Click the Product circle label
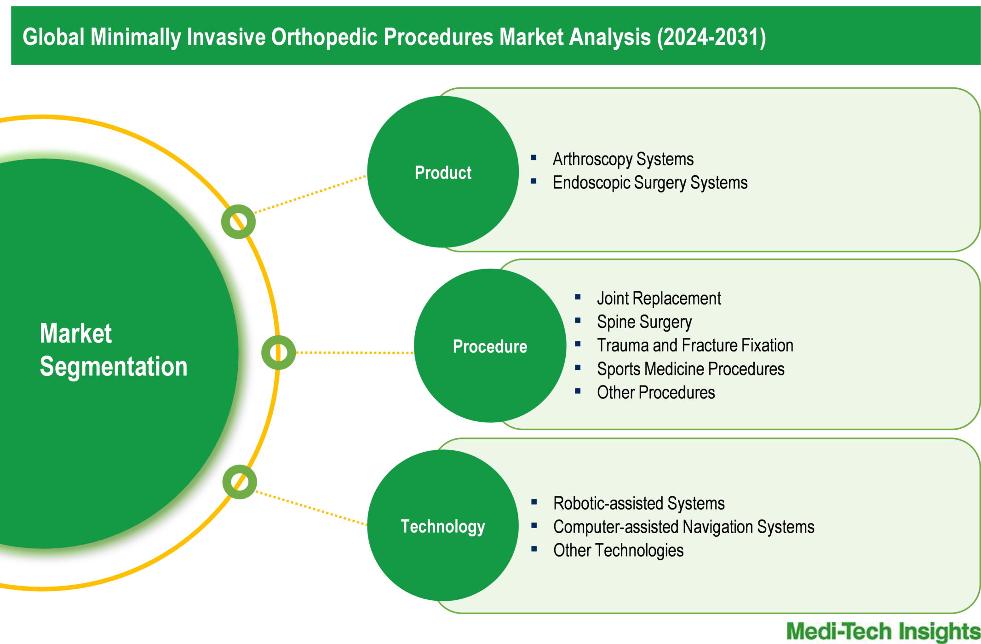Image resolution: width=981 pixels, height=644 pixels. tap(443, 172)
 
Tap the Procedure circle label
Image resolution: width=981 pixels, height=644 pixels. tap(490, 346)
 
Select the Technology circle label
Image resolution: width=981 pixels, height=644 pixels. tap(443, 526)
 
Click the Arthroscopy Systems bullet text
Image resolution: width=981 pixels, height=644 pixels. tap(623, 159)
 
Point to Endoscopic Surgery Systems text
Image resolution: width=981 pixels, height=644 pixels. tap(650, 183)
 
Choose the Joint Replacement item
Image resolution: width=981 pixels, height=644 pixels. tap(659, 299)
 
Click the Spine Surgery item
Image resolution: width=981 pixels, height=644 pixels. tap(644, 322)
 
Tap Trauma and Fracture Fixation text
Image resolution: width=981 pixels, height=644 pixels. tap(694, 345)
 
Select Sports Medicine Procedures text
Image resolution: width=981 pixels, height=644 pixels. tap(690, 369)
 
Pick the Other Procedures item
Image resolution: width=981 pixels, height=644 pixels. tap(655, 392)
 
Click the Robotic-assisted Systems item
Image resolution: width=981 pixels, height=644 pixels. tap(638, 503)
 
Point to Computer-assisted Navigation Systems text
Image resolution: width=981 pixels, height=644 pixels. tap(683, 527)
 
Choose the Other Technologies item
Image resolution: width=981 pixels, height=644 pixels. tap(618, 550)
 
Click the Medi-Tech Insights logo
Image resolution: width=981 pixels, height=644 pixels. tap(883, 632)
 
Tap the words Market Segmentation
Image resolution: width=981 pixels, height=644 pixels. tap(113, 350)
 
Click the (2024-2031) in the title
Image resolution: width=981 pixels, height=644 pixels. tap(711, 37)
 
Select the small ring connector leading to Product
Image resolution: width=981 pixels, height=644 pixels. tap(238, 222)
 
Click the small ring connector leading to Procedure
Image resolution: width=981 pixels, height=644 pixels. tap(278, 352)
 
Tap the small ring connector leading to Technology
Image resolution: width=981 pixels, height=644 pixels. tap(239, 482)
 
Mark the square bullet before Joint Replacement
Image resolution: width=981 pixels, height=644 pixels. tap(578, 297)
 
